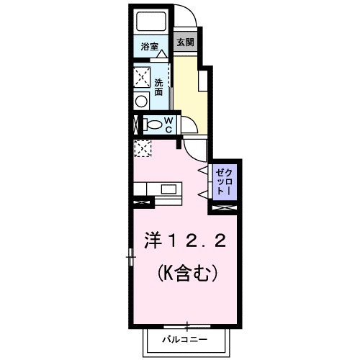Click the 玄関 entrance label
pos(185,42)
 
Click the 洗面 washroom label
pos(158,87)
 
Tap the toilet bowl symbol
pos(153,124)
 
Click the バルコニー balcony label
pos(185,338)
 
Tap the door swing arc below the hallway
pos(194,148)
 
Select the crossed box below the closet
pos(221,208)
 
